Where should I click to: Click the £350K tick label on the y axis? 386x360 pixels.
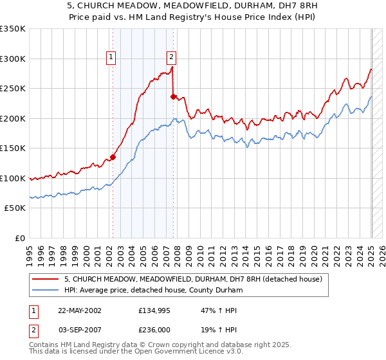pyautogui.click(x=13, y=29)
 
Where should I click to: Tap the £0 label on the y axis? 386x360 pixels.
pyautogui.click(x=20, y=238)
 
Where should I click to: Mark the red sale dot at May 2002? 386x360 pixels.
pyautogui.click(x=113, y=157)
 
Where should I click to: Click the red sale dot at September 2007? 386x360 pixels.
pyautogui.click(x=173, y=97)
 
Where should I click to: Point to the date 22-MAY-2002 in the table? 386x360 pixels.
pyautogui.click(x=79, y=310)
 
